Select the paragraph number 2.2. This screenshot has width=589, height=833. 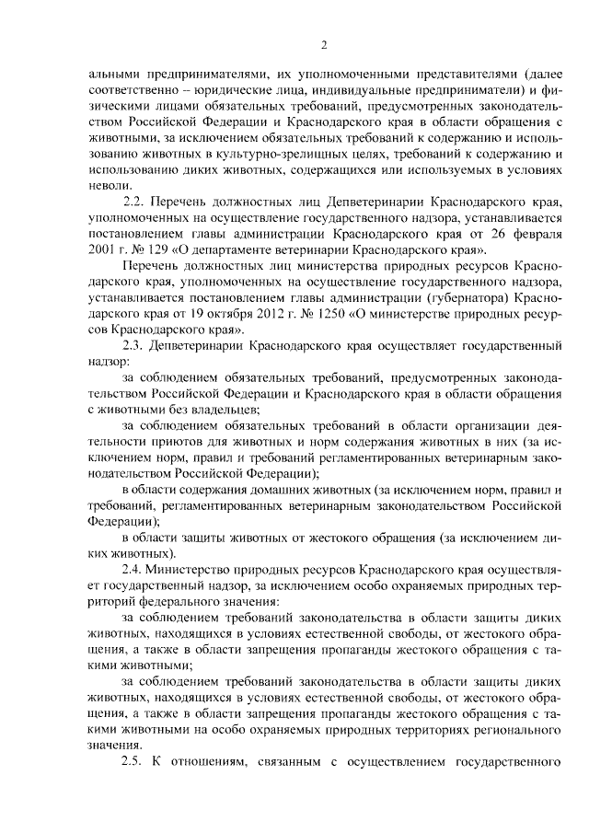click(x=134, y=201)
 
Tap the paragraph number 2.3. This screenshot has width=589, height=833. click(x=134, y=346)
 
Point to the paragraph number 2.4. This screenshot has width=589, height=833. click(x=134, y=572)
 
